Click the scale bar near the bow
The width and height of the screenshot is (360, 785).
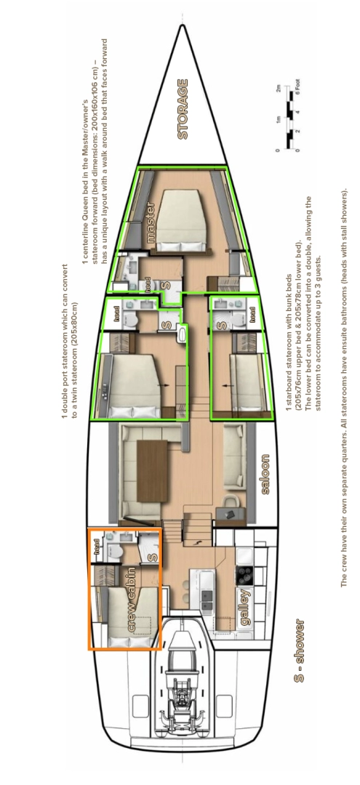pyautogui.click(x=287, y=120)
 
